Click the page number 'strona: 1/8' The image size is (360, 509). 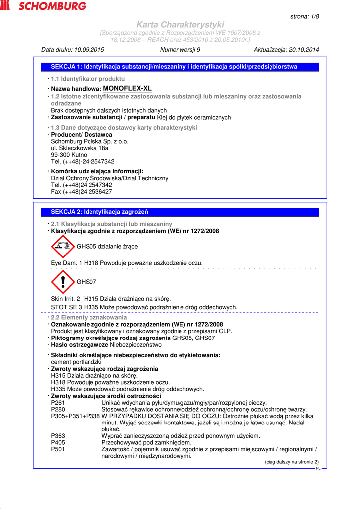pyautogui.click(x=304, y=16)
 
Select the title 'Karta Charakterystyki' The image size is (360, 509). pyautogui.click(x=180, y=24)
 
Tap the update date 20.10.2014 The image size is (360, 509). pyautogui.click(x=303, y=50)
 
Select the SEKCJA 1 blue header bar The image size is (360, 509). pyautogui.click(x=180, y=67)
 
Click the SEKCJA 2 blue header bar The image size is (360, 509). pyautogui.click(x=180, y=212)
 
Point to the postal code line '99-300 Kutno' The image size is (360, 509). pyautogui.click(x=69, y=155)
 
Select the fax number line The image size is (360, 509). pyautogui.click(x=82, y=192)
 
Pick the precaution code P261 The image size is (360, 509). pyautogui.click(x=58, y=403)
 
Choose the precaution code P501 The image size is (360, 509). pyautogui.click(x=58, y=449)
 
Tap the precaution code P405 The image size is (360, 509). pyautogui.click(x=58, y=442)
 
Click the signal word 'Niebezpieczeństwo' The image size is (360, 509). pyautogui.click(x=136, y=345)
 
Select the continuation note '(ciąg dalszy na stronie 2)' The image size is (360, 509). pyautogui.click(x=291, y=462)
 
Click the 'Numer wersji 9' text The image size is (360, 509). pyautogui.click(x=180, y=50)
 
